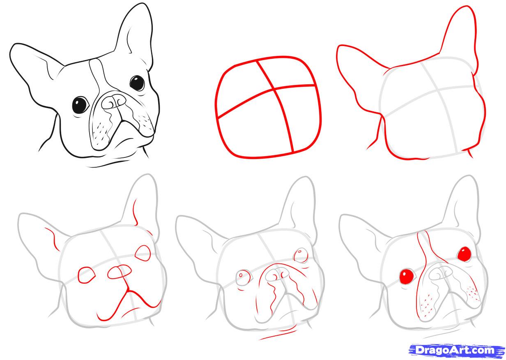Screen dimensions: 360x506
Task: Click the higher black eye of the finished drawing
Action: [x=137, y=83]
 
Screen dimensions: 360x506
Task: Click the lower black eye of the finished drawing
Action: [x=80, y=105]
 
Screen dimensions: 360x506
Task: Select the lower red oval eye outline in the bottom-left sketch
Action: [x=86, y=275]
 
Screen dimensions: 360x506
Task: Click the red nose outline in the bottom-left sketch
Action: [x=120, y=271]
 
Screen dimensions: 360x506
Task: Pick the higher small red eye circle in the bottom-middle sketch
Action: [x=301, y=254]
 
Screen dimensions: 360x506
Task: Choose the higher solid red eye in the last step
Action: [x=464, y=254]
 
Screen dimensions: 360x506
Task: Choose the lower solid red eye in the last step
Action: [x=407, y=276]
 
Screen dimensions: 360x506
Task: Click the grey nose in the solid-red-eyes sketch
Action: [x=441, y=273]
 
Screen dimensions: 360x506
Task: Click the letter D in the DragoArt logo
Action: [x=419, y=350]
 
